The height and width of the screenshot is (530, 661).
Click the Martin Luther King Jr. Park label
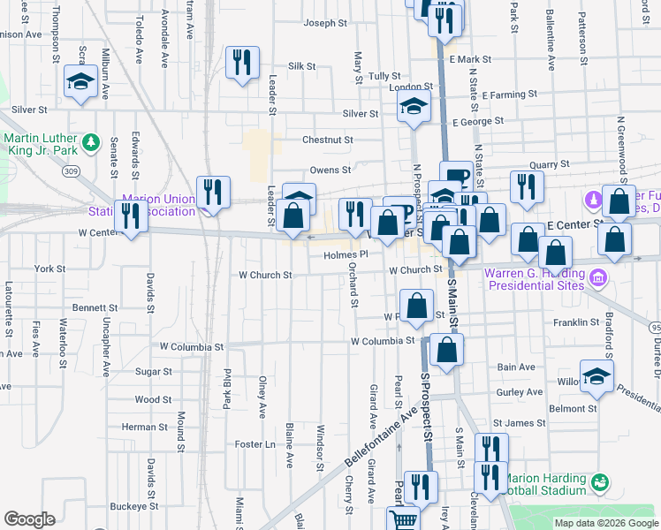pos(40,148)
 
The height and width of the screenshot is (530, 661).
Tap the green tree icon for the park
pos(89,141)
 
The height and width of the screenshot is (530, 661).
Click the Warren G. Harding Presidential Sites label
pos(533,279)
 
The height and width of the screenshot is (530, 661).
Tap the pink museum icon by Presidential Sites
pos(597,278)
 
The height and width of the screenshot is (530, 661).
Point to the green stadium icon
pos(601,482)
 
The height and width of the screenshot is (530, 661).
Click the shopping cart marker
pos(404,519)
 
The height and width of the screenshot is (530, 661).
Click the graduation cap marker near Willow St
pos(596,375)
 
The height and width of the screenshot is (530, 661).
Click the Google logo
pos(29,519)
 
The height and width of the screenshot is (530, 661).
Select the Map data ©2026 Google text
pos(605,523)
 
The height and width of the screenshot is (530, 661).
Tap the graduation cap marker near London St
pos(412,108)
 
